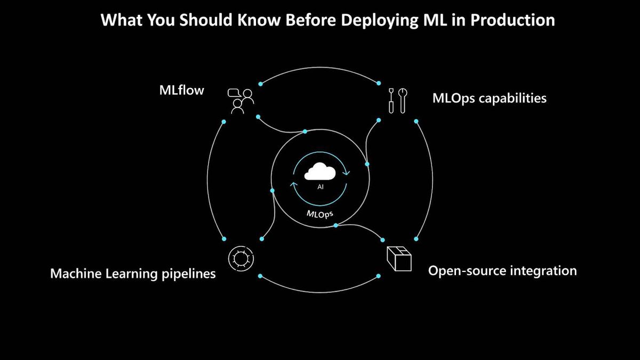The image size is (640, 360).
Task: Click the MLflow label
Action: coord(182,90)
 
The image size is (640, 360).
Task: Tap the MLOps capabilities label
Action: coord(490,98)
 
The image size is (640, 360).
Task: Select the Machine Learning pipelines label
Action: coord(133,274)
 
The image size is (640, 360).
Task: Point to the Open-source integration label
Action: coord(502,271)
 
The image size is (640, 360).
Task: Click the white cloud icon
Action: coord(320,171)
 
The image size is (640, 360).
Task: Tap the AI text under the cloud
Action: coord(321,187)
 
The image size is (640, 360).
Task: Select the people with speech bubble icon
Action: coord(241,101)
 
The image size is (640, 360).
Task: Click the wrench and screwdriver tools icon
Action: coord(398,101)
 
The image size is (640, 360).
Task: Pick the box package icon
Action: coord(399,259)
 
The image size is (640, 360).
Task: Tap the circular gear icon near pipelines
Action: coord(241,259)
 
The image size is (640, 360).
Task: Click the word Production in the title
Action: coord(513,20)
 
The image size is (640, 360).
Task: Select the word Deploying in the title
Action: coord(379,21)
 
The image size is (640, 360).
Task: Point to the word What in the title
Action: coord(122,20)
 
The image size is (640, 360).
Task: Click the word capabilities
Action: coord(513,99)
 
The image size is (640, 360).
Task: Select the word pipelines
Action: coord(189,274)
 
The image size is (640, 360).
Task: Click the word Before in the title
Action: coord(310,20)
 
